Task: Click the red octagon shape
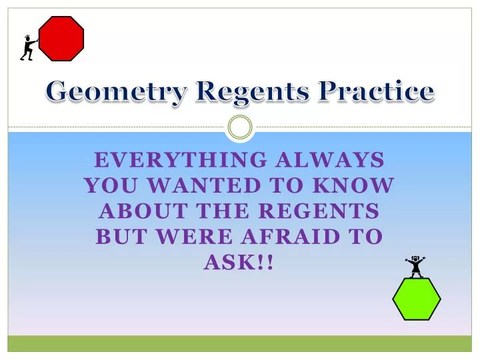coord(61,39)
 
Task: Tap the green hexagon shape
coord(416,299)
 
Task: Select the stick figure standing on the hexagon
coord(416,266)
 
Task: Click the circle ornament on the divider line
coord(240,127)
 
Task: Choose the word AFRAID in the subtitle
coord(295,237)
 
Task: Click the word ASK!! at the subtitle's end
coord(240,263)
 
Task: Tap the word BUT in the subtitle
coord(120,237)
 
